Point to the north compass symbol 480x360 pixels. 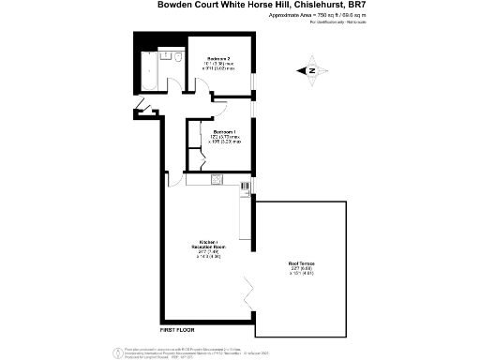[312, 69]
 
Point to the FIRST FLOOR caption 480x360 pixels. [177, 331]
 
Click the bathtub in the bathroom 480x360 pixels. [148, 66]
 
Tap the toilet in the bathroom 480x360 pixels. [176, 59]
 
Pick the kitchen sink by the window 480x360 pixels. [246, 222]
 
